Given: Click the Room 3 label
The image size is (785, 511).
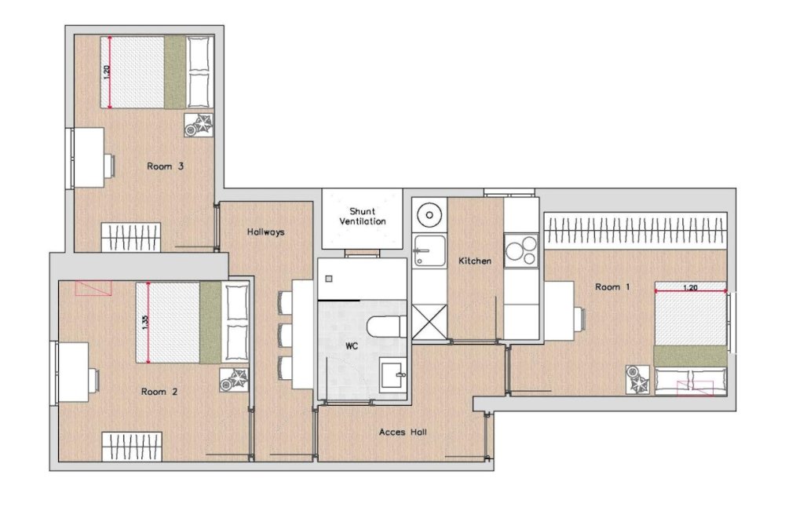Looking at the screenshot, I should click(165, 166).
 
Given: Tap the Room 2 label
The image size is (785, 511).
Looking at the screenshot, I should click(159, 391).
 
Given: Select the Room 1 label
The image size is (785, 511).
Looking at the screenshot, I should click(612, 287).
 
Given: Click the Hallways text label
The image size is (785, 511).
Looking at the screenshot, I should click(265, 232).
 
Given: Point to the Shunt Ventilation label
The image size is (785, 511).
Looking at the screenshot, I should click(362, 217).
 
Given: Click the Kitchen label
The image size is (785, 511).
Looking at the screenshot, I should click(475, 261).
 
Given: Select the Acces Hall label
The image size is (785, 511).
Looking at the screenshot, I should click(403, 432).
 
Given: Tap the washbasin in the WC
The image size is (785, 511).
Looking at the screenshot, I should click(392, 375).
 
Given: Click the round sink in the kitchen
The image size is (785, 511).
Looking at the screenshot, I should click(429, 214).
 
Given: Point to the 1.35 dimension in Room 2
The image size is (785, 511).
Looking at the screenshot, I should click(144, 323).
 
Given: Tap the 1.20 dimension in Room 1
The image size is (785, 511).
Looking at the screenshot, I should click(690, 287).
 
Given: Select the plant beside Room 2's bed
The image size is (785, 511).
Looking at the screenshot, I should click(233, 380).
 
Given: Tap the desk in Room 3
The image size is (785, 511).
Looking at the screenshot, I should click(89, 158).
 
